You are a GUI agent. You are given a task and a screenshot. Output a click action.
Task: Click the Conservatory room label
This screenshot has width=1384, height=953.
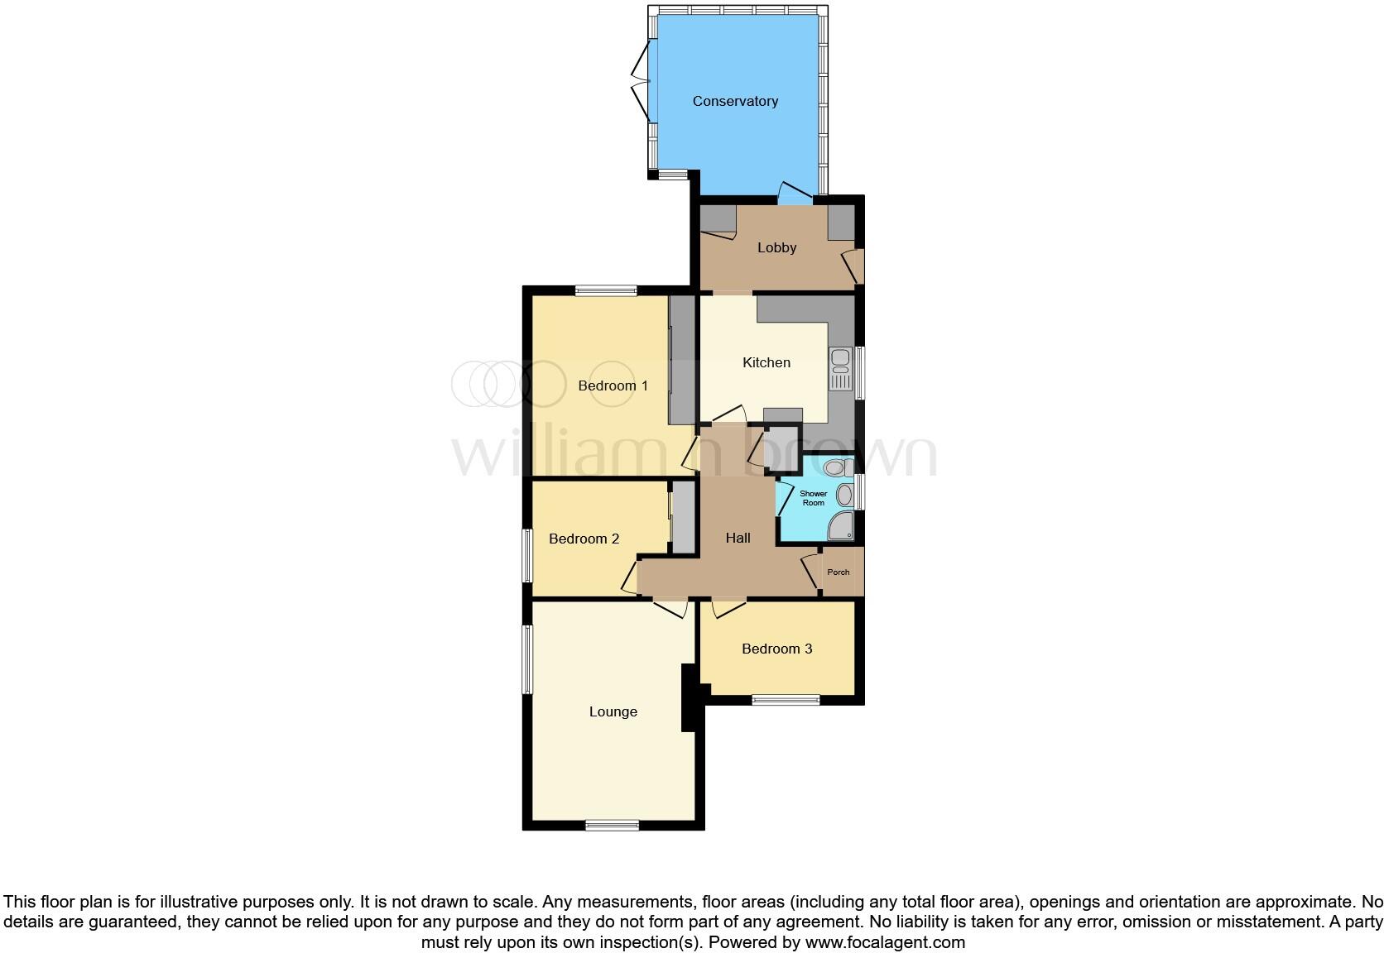[x=735, y=101]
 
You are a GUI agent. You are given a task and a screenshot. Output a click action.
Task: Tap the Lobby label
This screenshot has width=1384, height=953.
[x=776, y=247]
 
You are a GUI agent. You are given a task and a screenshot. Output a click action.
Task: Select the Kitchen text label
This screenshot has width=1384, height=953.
[x=766, y=362]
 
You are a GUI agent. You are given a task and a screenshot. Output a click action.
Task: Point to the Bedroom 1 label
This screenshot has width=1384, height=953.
[x=613, y=386]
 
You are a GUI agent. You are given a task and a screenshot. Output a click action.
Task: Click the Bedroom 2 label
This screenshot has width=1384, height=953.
[x=584, y=539]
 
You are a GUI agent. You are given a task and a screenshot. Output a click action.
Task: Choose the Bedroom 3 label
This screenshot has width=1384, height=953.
[x=776, y=649]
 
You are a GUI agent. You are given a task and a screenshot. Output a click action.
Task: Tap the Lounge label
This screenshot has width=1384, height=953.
[x=613, y=711]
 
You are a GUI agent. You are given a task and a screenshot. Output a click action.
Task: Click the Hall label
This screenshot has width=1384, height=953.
[x=738, y=538]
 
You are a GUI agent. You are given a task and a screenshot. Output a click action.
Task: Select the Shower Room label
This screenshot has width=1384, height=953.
[x=813, y=498]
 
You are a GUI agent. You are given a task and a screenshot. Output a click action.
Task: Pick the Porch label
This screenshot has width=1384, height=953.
[x=838, y=572]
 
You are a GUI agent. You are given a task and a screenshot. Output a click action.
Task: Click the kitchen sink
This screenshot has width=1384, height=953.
[x=840, y=370]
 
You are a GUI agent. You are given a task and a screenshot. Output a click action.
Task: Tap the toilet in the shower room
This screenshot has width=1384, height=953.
[x=838, y=468]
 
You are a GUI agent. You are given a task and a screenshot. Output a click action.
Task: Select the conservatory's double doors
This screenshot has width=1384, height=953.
[x=642, y=83]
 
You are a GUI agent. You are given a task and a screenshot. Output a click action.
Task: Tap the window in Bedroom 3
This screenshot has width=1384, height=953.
[x=786, y=700]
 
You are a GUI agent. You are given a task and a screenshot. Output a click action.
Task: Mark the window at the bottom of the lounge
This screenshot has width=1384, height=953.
[x=612, y=825]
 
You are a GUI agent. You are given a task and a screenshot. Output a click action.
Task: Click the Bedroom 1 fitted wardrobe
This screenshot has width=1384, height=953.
[x=682, y=360]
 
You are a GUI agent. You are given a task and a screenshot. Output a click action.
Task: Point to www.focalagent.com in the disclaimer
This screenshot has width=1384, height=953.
[x=884, y=941]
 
